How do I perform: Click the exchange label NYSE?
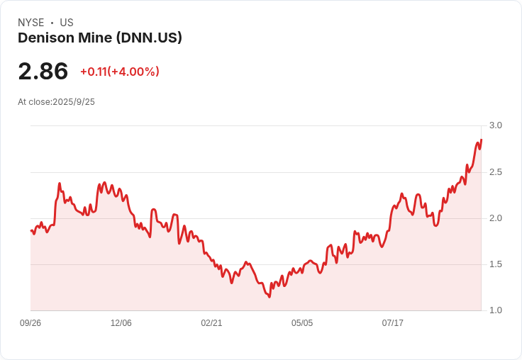30,23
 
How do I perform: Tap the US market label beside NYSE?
67,23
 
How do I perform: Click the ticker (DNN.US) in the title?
146,38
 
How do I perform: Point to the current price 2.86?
43,71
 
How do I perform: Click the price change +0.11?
93,72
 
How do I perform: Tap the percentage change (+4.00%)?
133,72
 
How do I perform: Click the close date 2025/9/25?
74,102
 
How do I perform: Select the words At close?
34,102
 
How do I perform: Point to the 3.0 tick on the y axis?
495,125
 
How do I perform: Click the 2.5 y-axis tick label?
495,172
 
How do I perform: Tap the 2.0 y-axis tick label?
495,218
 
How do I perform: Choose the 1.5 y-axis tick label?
495,264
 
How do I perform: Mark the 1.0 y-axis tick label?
495,310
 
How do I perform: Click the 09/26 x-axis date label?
30,323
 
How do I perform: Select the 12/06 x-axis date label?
121,323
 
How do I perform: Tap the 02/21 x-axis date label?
211,323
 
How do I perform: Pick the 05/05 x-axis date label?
302,323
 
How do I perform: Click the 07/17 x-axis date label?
393,323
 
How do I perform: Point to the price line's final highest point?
481,140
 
